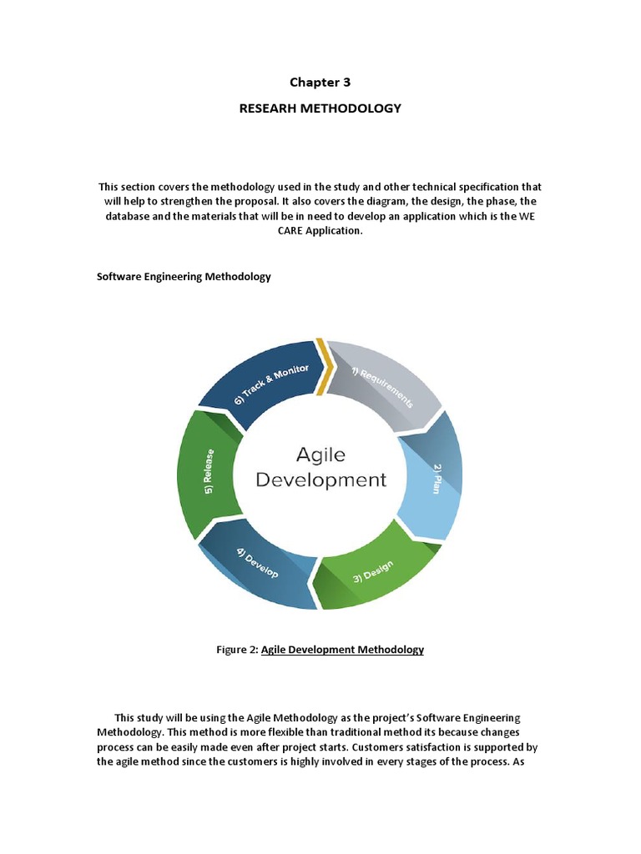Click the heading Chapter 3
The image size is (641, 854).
(320, 82)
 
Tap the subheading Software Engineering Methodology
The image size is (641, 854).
(184, 277)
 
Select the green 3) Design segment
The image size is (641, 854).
(376, 567)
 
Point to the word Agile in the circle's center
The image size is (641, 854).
(320, 455)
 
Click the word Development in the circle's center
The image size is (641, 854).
(320, 480)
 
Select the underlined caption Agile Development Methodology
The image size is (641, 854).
(342, 650)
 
